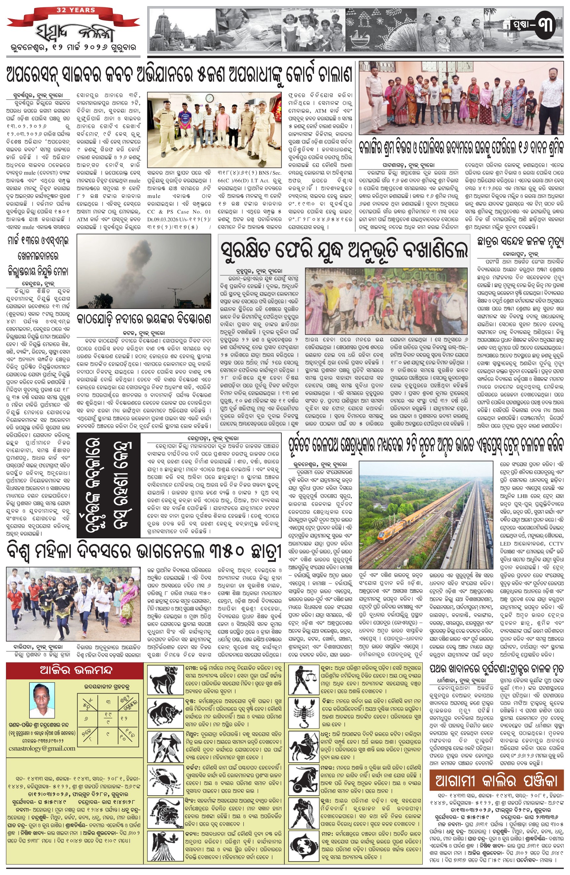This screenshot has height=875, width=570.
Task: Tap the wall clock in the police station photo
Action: coord(209,98)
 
